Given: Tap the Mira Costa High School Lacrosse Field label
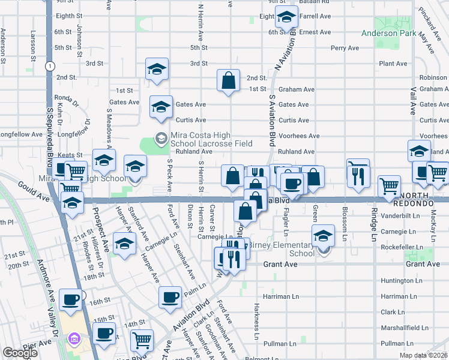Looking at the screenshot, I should (x=211, y=139).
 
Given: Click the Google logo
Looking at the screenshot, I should (x=20, y=353).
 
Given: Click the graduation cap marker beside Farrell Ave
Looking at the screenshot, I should (x=287, y=18).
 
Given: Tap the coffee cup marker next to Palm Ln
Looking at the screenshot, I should (x=170, y=298).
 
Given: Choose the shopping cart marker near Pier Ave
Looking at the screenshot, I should (x=142, y=341).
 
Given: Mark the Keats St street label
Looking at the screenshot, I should (x=71, y=155).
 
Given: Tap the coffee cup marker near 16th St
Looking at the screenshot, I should (x=71, y=299).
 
